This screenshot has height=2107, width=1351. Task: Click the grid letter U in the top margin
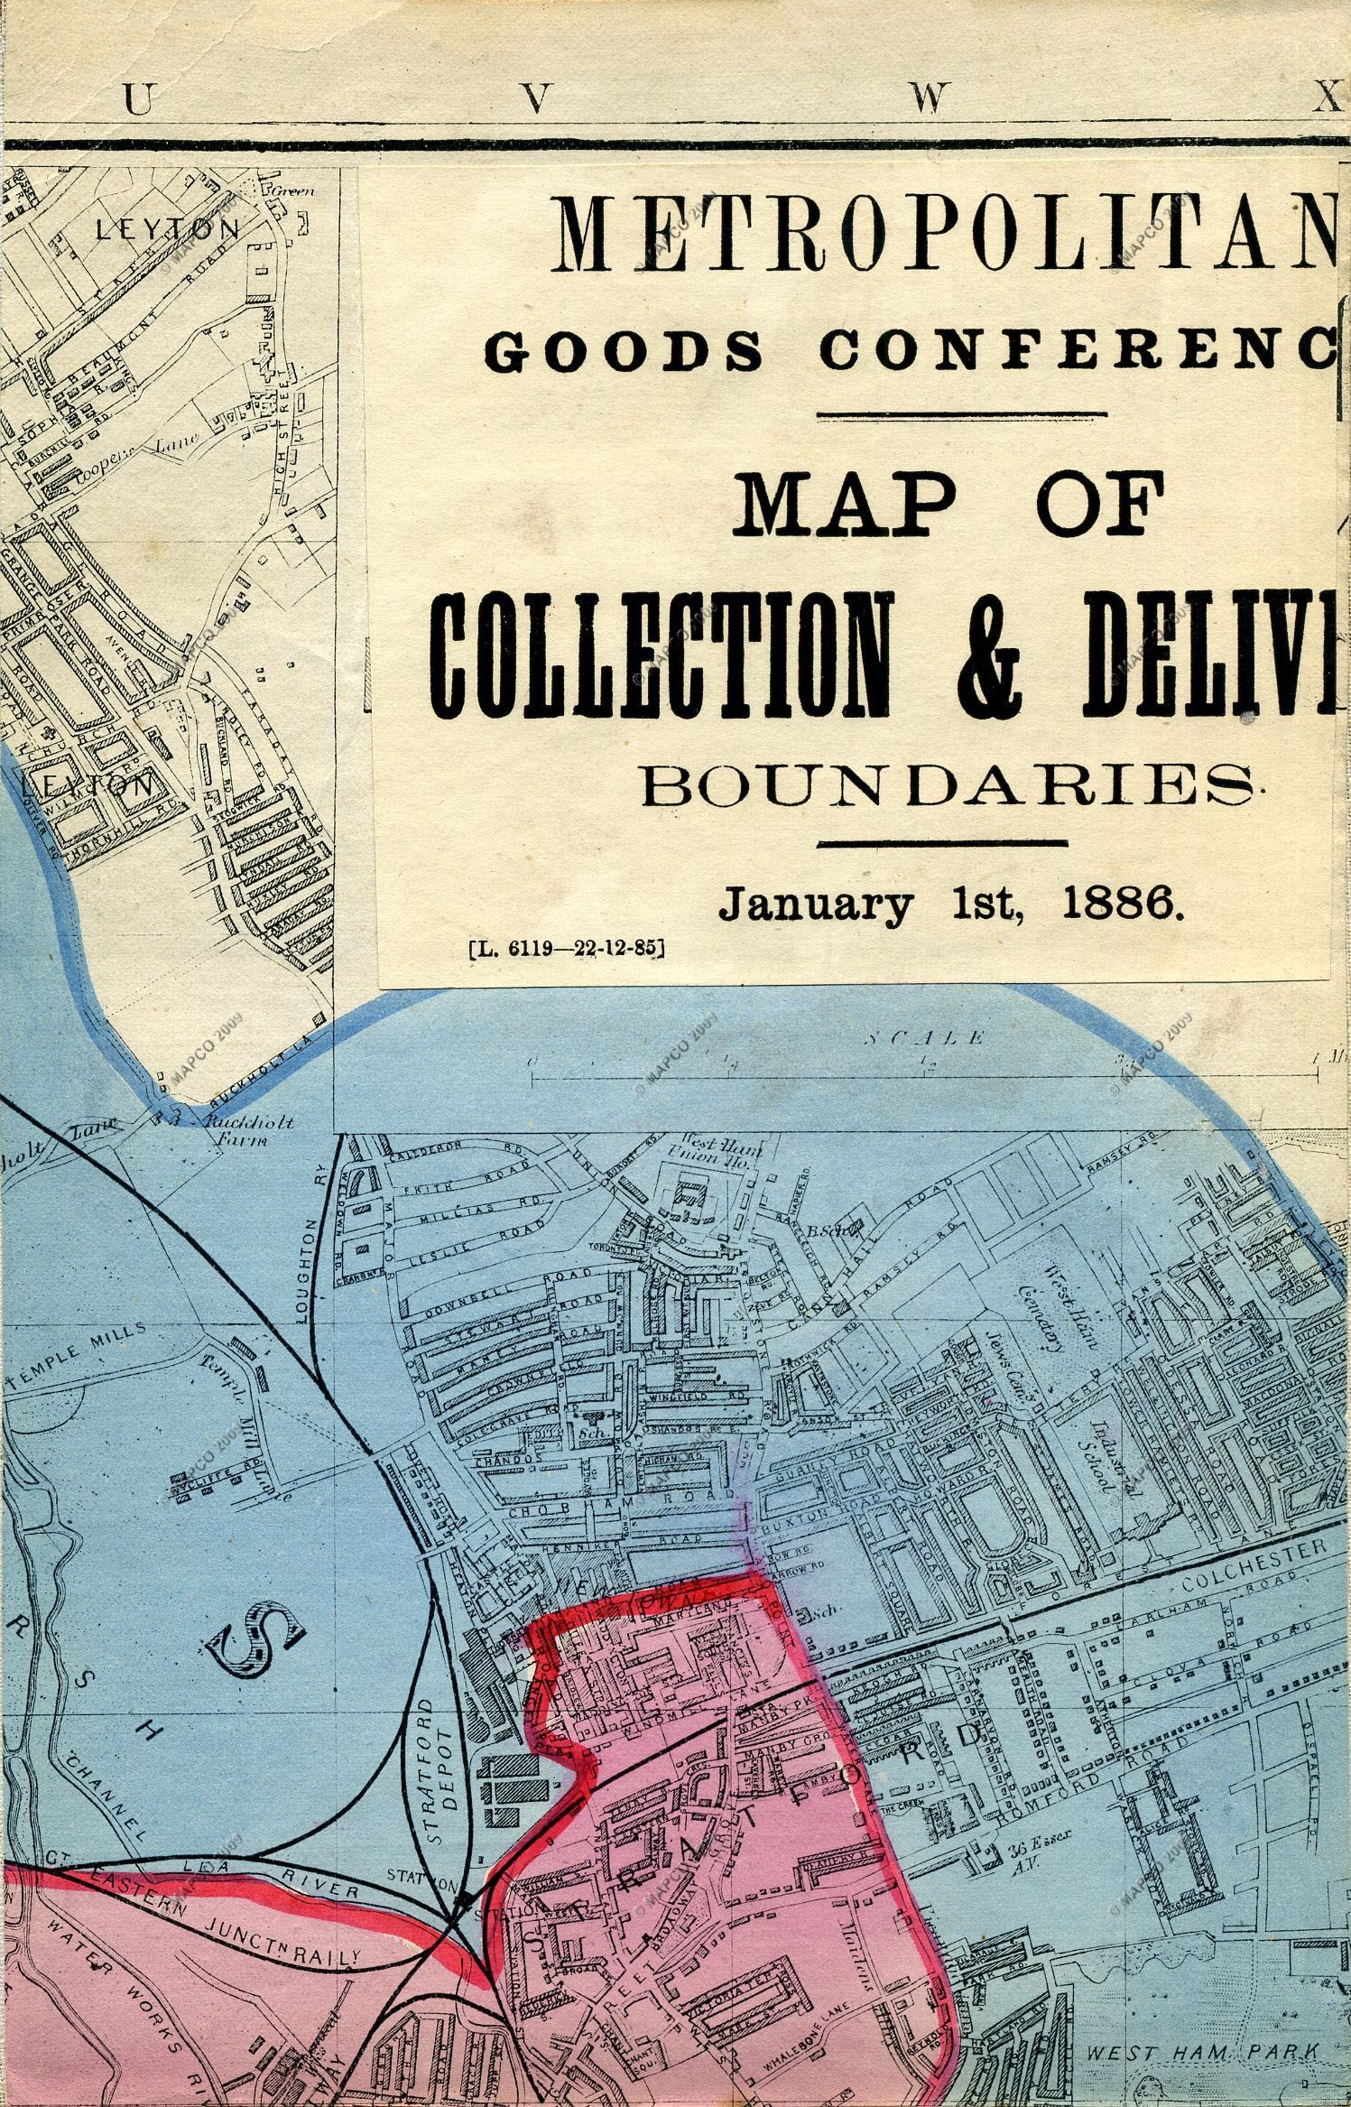[137, 102]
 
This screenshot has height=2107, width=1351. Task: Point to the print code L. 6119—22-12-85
[566, 948]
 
